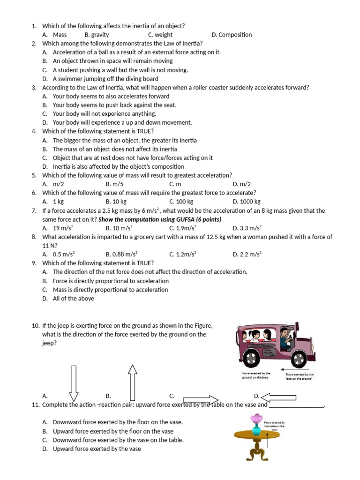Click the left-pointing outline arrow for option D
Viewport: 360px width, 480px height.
(278, 397)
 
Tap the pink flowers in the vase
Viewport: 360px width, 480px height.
(256, 418)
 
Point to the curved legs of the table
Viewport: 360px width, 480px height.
(256, 453)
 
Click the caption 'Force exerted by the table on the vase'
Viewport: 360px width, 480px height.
(275, 426)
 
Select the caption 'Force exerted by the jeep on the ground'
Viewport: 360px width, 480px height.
(300, 376)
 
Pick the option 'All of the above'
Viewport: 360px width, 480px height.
(73, 299)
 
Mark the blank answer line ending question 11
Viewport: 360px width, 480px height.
(296, 405)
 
